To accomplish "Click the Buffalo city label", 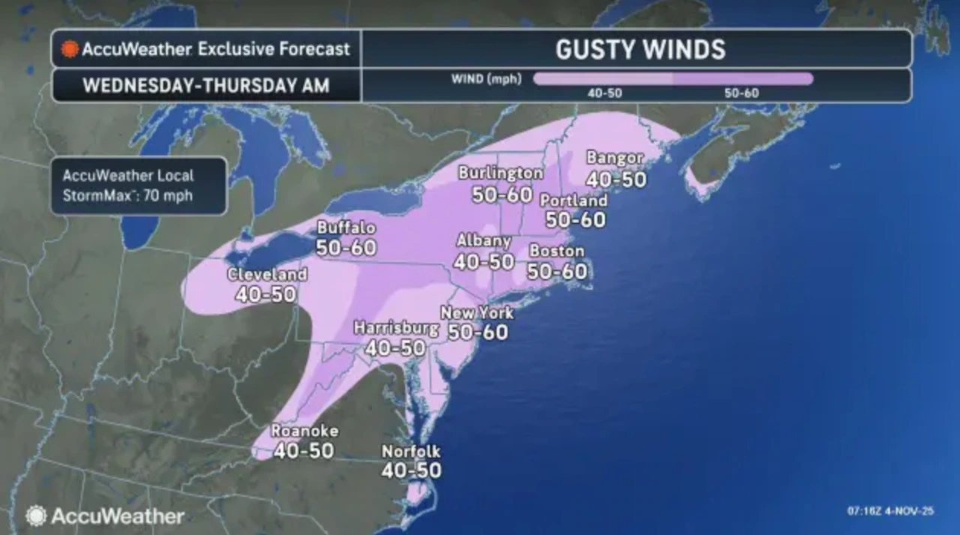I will [x=346, y=227].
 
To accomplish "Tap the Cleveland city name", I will [x=267, y=275].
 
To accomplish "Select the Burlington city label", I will [x=500, y=173].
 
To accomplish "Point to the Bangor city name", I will [x=615, y=158].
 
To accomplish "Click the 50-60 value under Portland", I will [x=576, y=220].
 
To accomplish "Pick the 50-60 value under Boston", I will [x=557, y=271].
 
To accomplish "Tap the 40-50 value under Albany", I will [x=484, y=262].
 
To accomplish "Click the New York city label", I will [x=477, y=313].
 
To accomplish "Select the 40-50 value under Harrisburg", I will [x=395, y=347].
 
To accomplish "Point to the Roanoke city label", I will [x=304, y=431].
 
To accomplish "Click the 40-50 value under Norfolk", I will [x=411, y=471].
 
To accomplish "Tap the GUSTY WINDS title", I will [x=640, y=50].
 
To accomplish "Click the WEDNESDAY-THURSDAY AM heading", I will [x=205, y=86].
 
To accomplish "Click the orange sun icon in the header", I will [x=70, y=50].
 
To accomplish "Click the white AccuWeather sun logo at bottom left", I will [x=35, y=515].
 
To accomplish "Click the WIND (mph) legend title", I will [x=487, y=79].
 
